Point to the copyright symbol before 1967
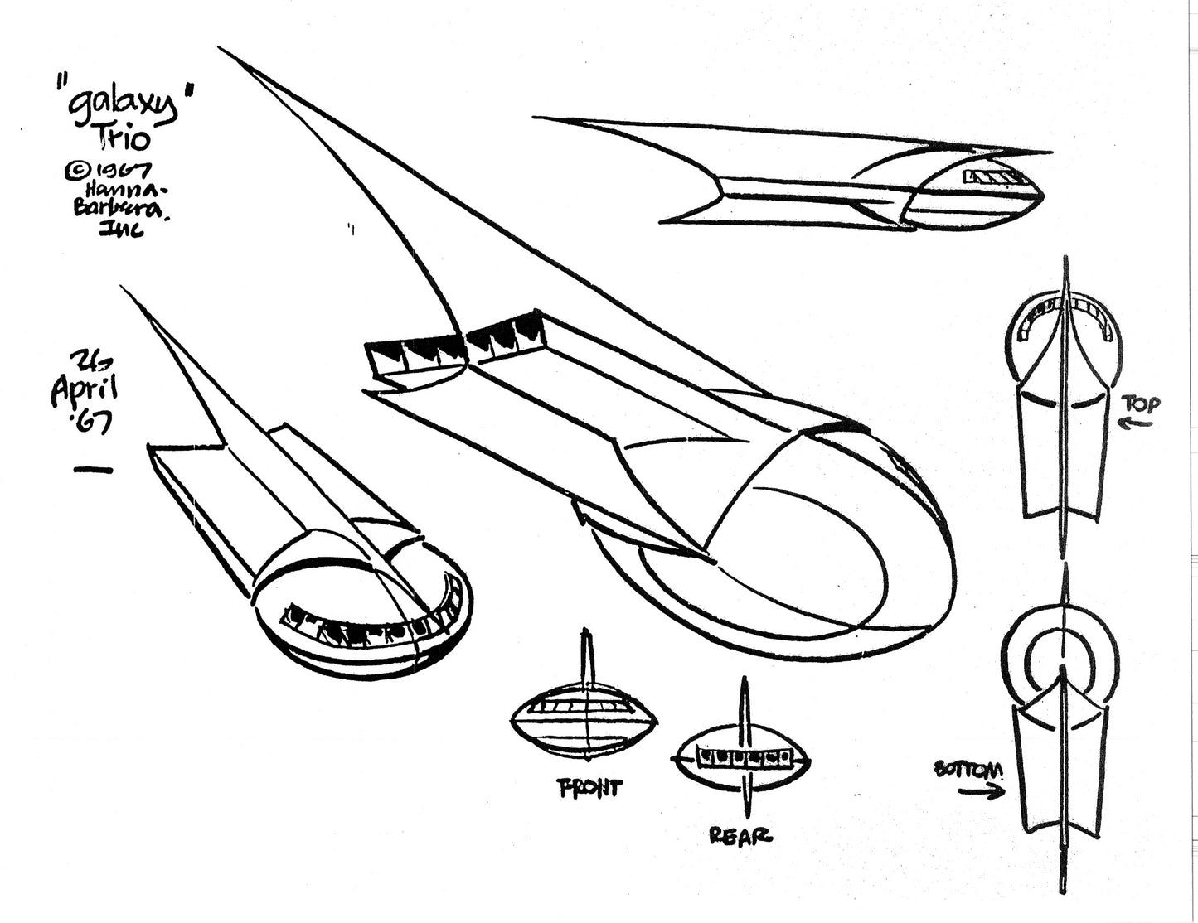click(74, 172)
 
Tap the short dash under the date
click(92, 471)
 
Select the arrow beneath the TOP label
click(1137, 425)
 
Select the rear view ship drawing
click(745, 757)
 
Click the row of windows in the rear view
click(743, 756)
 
